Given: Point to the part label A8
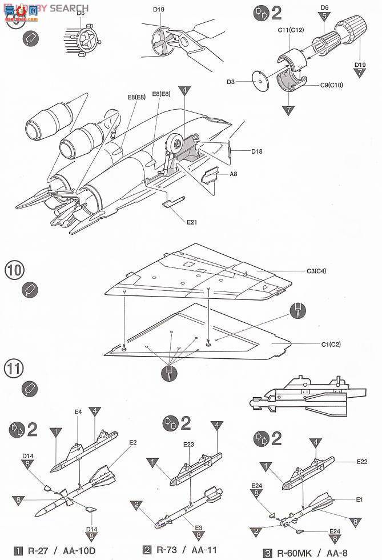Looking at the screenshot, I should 234,174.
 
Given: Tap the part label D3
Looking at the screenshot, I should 231,82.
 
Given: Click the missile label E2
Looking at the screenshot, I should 132,442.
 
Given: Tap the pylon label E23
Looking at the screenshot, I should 189,444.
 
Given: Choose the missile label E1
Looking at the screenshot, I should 360,499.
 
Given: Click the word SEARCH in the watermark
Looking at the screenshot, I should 69,8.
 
